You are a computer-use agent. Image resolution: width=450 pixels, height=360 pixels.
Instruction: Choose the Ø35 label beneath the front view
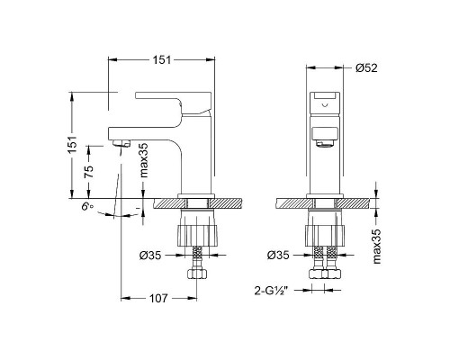coord(282,256)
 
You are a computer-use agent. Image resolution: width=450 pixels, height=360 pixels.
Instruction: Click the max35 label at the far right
coord(378,246)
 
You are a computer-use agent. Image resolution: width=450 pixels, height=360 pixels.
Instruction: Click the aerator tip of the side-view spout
coord(121,142)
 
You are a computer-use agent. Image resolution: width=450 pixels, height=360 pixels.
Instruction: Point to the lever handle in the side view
coord(171,97)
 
